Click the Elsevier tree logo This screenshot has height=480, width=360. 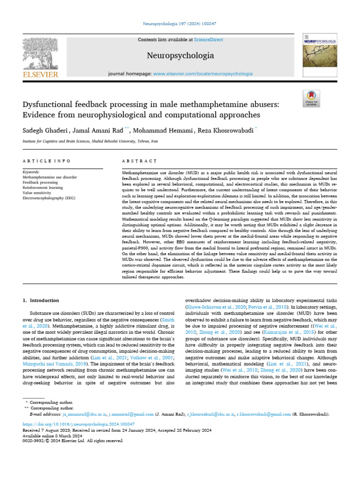pyautogui.click(x=40, y=53)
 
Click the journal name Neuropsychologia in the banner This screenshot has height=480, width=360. pyautogui.click(x=180, y=56)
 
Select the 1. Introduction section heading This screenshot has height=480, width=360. pyautogui.click(x=41, y=300)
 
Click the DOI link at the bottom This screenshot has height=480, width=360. pyautogui.click(x=79, y=423)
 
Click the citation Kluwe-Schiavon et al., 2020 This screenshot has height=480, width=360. pyautogui.click(x=211, y=307)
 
